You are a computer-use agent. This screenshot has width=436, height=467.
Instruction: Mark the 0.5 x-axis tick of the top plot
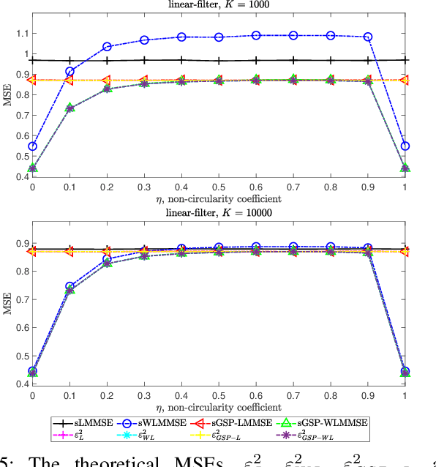pyautogui.click(x=218, y=188)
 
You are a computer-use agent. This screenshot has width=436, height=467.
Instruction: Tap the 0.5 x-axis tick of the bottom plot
pyautogui.click(x=218, y=396)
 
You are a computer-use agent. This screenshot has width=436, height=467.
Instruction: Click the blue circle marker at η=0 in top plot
pyautogui.click(x=32, y=146)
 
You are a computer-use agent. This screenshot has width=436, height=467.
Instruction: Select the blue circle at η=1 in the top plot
pyautogui.click(x=405, y=146)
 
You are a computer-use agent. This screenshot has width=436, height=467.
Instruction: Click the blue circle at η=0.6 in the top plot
pyautogui.click(x=256, y=35)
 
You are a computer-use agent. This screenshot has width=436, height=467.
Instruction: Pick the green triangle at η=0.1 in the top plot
pyautogui.click(x=69, y=108)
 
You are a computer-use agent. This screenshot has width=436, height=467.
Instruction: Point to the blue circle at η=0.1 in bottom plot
pyautogui.click(x=69, y=287)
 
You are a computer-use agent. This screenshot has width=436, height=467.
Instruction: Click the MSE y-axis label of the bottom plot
pyautogui.click(x=7, y=313)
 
